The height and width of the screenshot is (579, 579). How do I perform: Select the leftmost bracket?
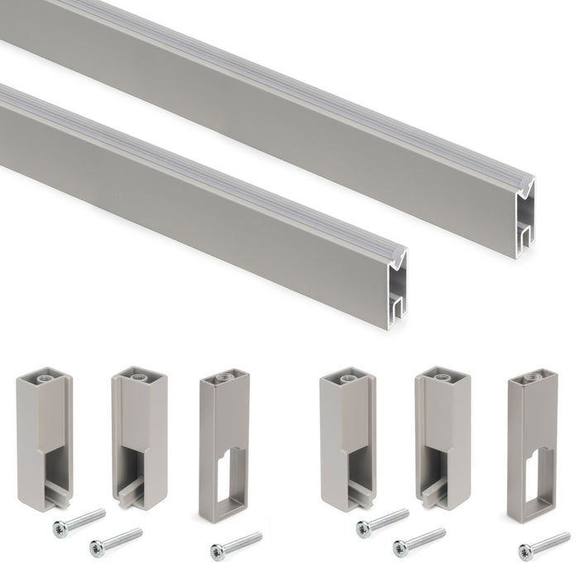pos(44,438)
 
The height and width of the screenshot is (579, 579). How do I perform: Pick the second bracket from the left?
pos(139,438)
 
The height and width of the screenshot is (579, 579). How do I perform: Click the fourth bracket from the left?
pos(347,438)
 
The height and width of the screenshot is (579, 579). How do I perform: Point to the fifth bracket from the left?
pos(443,438)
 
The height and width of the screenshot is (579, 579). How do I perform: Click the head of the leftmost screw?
pos(60,527)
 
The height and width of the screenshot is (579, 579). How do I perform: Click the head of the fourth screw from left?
pos(363,527)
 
